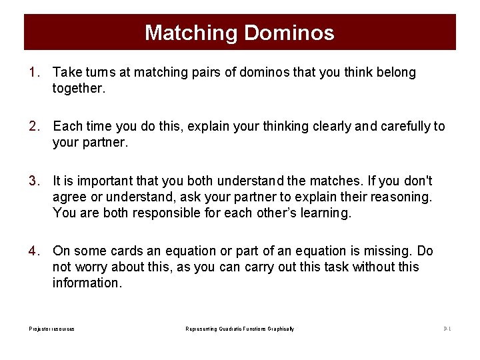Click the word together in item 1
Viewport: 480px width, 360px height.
(x=78, y=88)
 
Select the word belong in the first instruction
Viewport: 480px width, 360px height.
(x=395, y=72)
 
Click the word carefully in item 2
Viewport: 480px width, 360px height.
(x=407, y=126)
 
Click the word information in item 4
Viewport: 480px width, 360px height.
(x=87, y=283)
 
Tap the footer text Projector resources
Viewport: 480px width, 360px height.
(x=51, y=329)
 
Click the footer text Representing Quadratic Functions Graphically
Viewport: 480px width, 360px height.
(x=239, y=329)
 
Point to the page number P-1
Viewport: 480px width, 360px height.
(x=447, y=329)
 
